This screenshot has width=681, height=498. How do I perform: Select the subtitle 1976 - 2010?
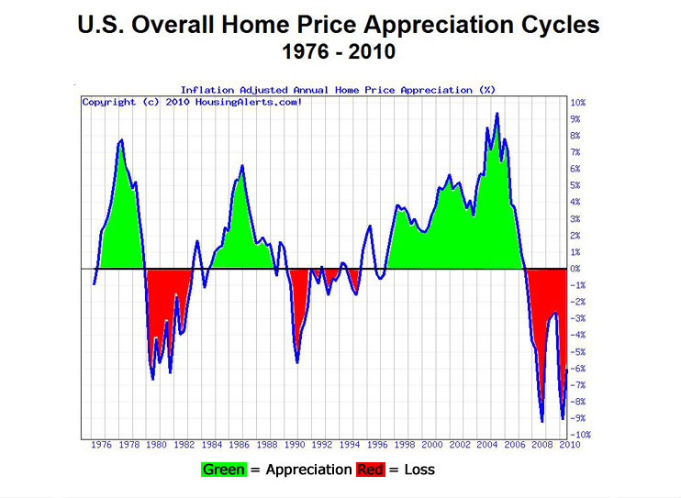[340, 51]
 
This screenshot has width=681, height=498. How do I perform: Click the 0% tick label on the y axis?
[575, 269]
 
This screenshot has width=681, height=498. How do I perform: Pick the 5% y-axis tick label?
[575, 185]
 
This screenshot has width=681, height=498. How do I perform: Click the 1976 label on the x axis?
[102, 446]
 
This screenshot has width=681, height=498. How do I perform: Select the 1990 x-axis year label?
[296, 446]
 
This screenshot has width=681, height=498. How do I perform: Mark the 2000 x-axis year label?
[433, 446]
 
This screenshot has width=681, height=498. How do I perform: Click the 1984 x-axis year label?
[213, 446]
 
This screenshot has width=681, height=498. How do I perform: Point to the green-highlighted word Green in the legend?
[224, 470]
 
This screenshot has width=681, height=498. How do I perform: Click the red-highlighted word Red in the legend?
[369, 470]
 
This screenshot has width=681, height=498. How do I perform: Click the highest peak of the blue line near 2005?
[497, 114]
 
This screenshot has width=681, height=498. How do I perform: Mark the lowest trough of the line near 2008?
[542, 421]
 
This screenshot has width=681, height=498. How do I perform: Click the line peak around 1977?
[121, 140]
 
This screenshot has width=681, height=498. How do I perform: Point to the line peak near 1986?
[242, 166]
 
